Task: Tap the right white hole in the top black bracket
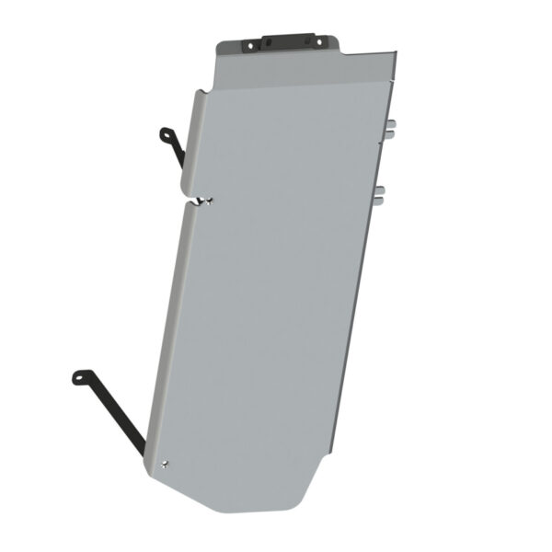click(320, 41)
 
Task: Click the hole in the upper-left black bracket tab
click(165, 135)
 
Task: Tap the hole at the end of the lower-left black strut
click(79, 376)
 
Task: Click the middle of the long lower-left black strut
click(114, 414)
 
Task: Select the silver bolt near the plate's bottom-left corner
click(165, 464)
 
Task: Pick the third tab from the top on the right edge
click(379, 189)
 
